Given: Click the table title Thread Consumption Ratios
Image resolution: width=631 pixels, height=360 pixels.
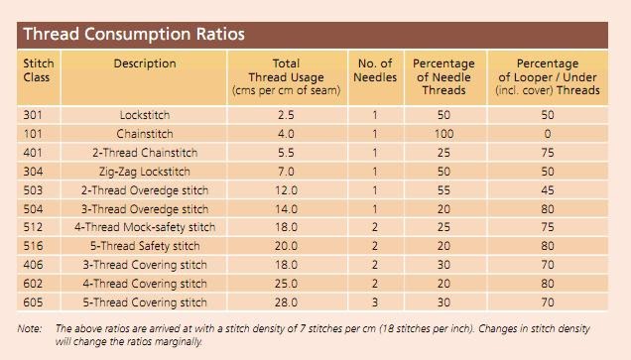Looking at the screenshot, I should coord(133,34).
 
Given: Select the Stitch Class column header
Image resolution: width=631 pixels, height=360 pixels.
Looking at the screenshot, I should coord(39,70).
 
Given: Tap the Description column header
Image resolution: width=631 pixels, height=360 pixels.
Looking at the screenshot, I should coord(145,63).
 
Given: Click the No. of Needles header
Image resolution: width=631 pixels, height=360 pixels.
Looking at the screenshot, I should coord(375,70).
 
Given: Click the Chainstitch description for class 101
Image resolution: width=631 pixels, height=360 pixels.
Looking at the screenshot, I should coord(145,134).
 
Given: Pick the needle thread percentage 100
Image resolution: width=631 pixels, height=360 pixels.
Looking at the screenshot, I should coord(443,134).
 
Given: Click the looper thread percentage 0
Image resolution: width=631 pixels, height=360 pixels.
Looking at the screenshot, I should coord(548,134).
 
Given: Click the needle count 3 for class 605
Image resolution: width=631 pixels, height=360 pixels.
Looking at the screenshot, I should coord(375,302).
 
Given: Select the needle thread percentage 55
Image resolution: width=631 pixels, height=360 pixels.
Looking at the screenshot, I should coord(443,190).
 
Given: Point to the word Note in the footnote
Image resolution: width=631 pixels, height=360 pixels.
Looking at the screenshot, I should coord(31,328).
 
